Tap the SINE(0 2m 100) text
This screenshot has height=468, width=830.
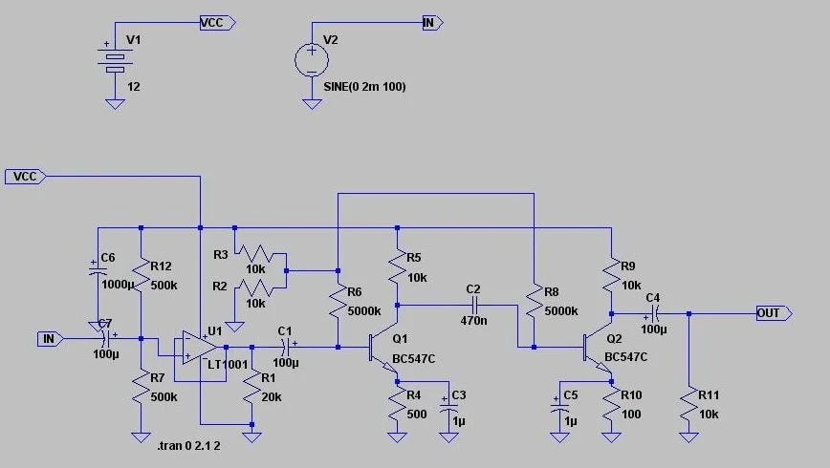(364, 87)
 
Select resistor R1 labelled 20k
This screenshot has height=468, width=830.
(251, 391)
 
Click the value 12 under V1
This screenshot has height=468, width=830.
(134, 86)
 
